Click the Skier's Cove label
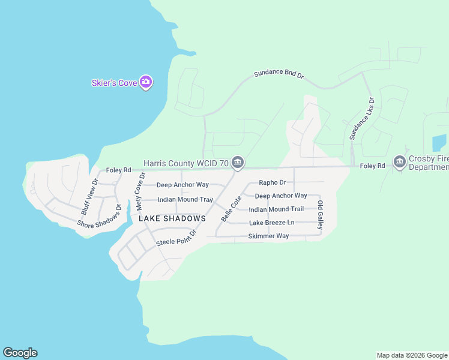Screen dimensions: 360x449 point(114,83)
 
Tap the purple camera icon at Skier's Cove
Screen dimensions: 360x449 point(145,82)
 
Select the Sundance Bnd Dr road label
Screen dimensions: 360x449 point(279,74)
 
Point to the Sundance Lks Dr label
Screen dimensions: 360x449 point(362,119)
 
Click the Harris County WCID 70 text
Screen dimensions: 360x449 point(186,163)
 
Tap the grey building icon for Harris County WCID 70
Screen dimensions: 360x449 point(238,163)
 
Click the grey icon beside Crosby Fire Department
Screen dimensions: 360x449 point(399,162)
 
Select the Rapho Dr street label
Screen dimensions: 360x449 point(272,182)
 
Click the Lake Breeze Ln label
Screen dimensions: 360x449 point(272,223)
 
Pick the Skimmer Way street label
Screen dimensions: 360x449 point(268,236)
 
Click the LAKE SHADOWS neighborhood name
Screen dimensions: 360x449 point(172,218)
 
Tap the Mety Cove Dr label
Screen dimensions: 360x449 point(140,192)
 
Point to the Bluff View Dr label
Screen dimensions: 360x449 point(89,197)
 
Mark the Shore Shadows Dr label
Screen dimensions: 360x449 point(100,216)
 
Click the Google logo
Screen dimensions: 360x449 point(20,353)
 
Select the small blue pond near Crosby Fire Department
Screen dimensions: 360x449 point(439,143)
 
